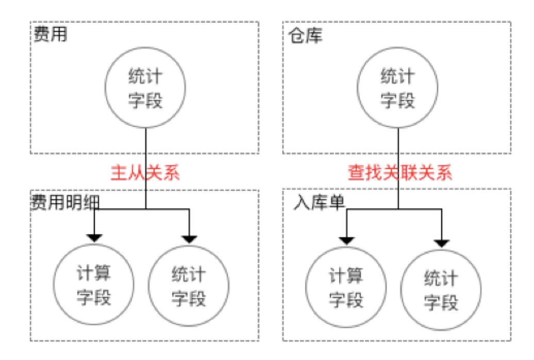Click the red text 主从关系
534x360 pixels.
pyautogui.click(x=146, y=172)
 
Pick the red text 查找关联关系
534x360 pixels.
pyautogui.click(x=400, y=172)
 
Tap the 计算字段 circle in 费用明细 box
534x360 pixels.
pyautogui.click(x=94, y=286)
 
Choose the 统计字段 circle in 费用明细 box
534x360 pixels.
pyautogui.click(x=189, y=286)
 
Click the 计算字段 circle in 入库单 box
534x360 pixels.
pyautogui.click(x=346, y=287)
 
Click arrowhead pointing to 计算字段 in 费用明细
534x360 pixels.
pyautogui.click(x=94, y=238)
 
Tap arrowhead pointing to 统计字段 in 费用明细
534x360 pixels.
pyautogui.click(x=189, y=239)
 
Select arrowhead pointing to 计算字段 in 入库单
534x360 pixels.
pyautogui.click(x=346, y=240)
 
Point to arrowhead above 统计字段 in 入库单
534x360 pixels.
pyautogui.click(x=442, y=242)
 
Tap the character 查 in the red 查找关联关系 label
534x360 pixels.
pyautogui.click(x=356, y=172)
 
